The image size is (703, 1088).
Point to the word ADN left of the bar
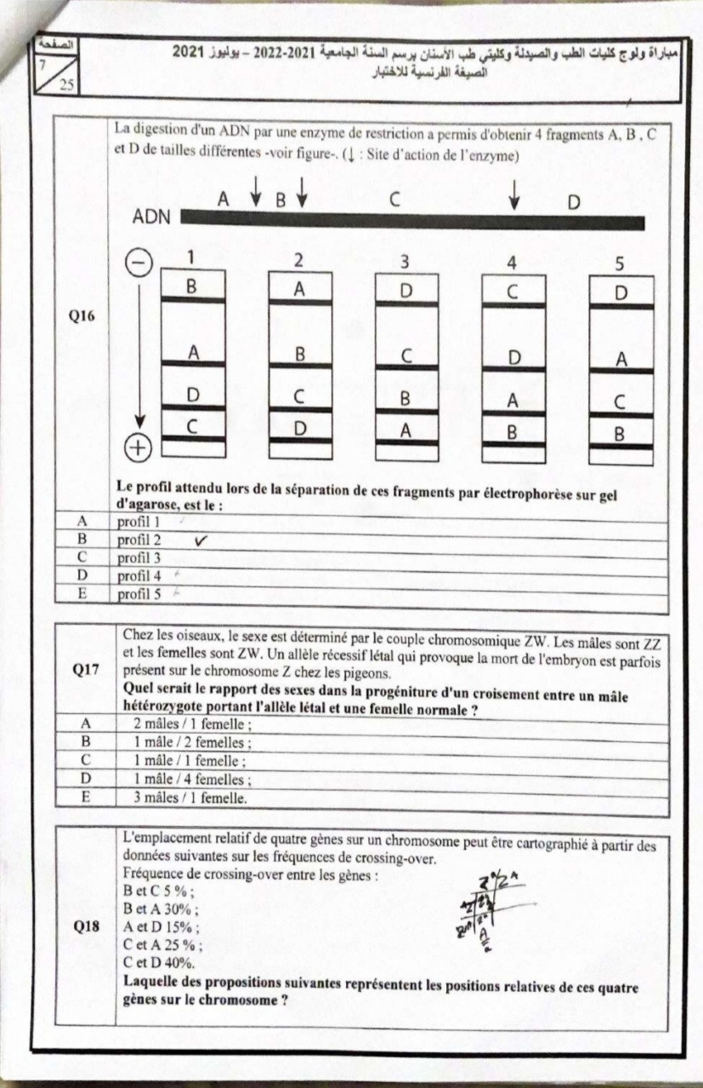150,218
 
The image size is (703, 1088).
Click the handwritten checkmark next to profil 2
201,540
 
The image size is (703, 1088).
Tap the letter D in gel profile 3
405,291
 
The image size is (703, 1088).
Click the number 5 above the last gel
620,263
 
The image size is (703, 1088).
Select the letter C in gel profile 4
513,292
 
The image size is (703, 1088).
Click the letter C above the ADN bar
394,201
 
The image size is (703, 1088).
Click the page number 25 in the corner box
66,83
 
